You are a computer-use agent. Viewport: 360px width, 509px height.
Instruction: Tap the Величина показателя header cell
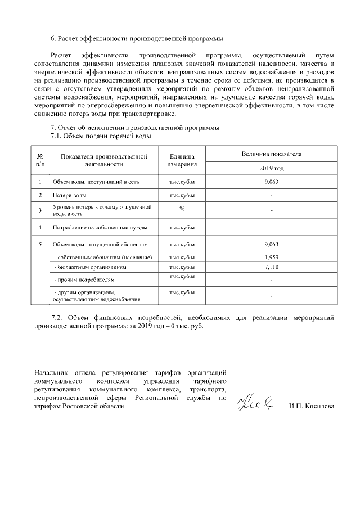(x=272, y=153)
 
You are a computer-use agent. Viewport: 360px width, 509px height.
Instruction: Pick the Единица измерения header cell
(x=182, y=160)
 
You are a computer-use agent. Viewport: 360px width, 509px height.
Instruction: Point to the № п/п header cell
(x=40, y=160)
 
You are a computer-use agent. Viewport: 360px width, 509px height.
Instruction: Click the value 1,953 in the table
(x=272, y=257)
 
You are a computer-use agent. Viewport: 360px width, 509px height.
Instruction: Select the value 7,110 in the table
(x=272, y=267)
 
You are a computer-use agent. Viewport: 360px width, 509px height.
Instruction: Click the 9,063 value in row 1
(x=272, y=182)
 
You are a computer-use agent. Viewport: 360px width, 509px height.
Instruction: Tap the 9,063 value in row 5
(x=272, y=245)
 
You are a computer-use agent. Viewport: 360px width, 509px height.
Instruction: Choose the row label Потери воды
(x=69, y=195)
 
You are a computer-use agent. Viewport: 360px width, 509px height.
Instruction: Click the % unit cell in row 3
(x=182, y=208)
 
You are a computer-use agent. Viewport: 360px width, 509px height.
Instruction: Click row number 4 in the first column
(x=40, y=228)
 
